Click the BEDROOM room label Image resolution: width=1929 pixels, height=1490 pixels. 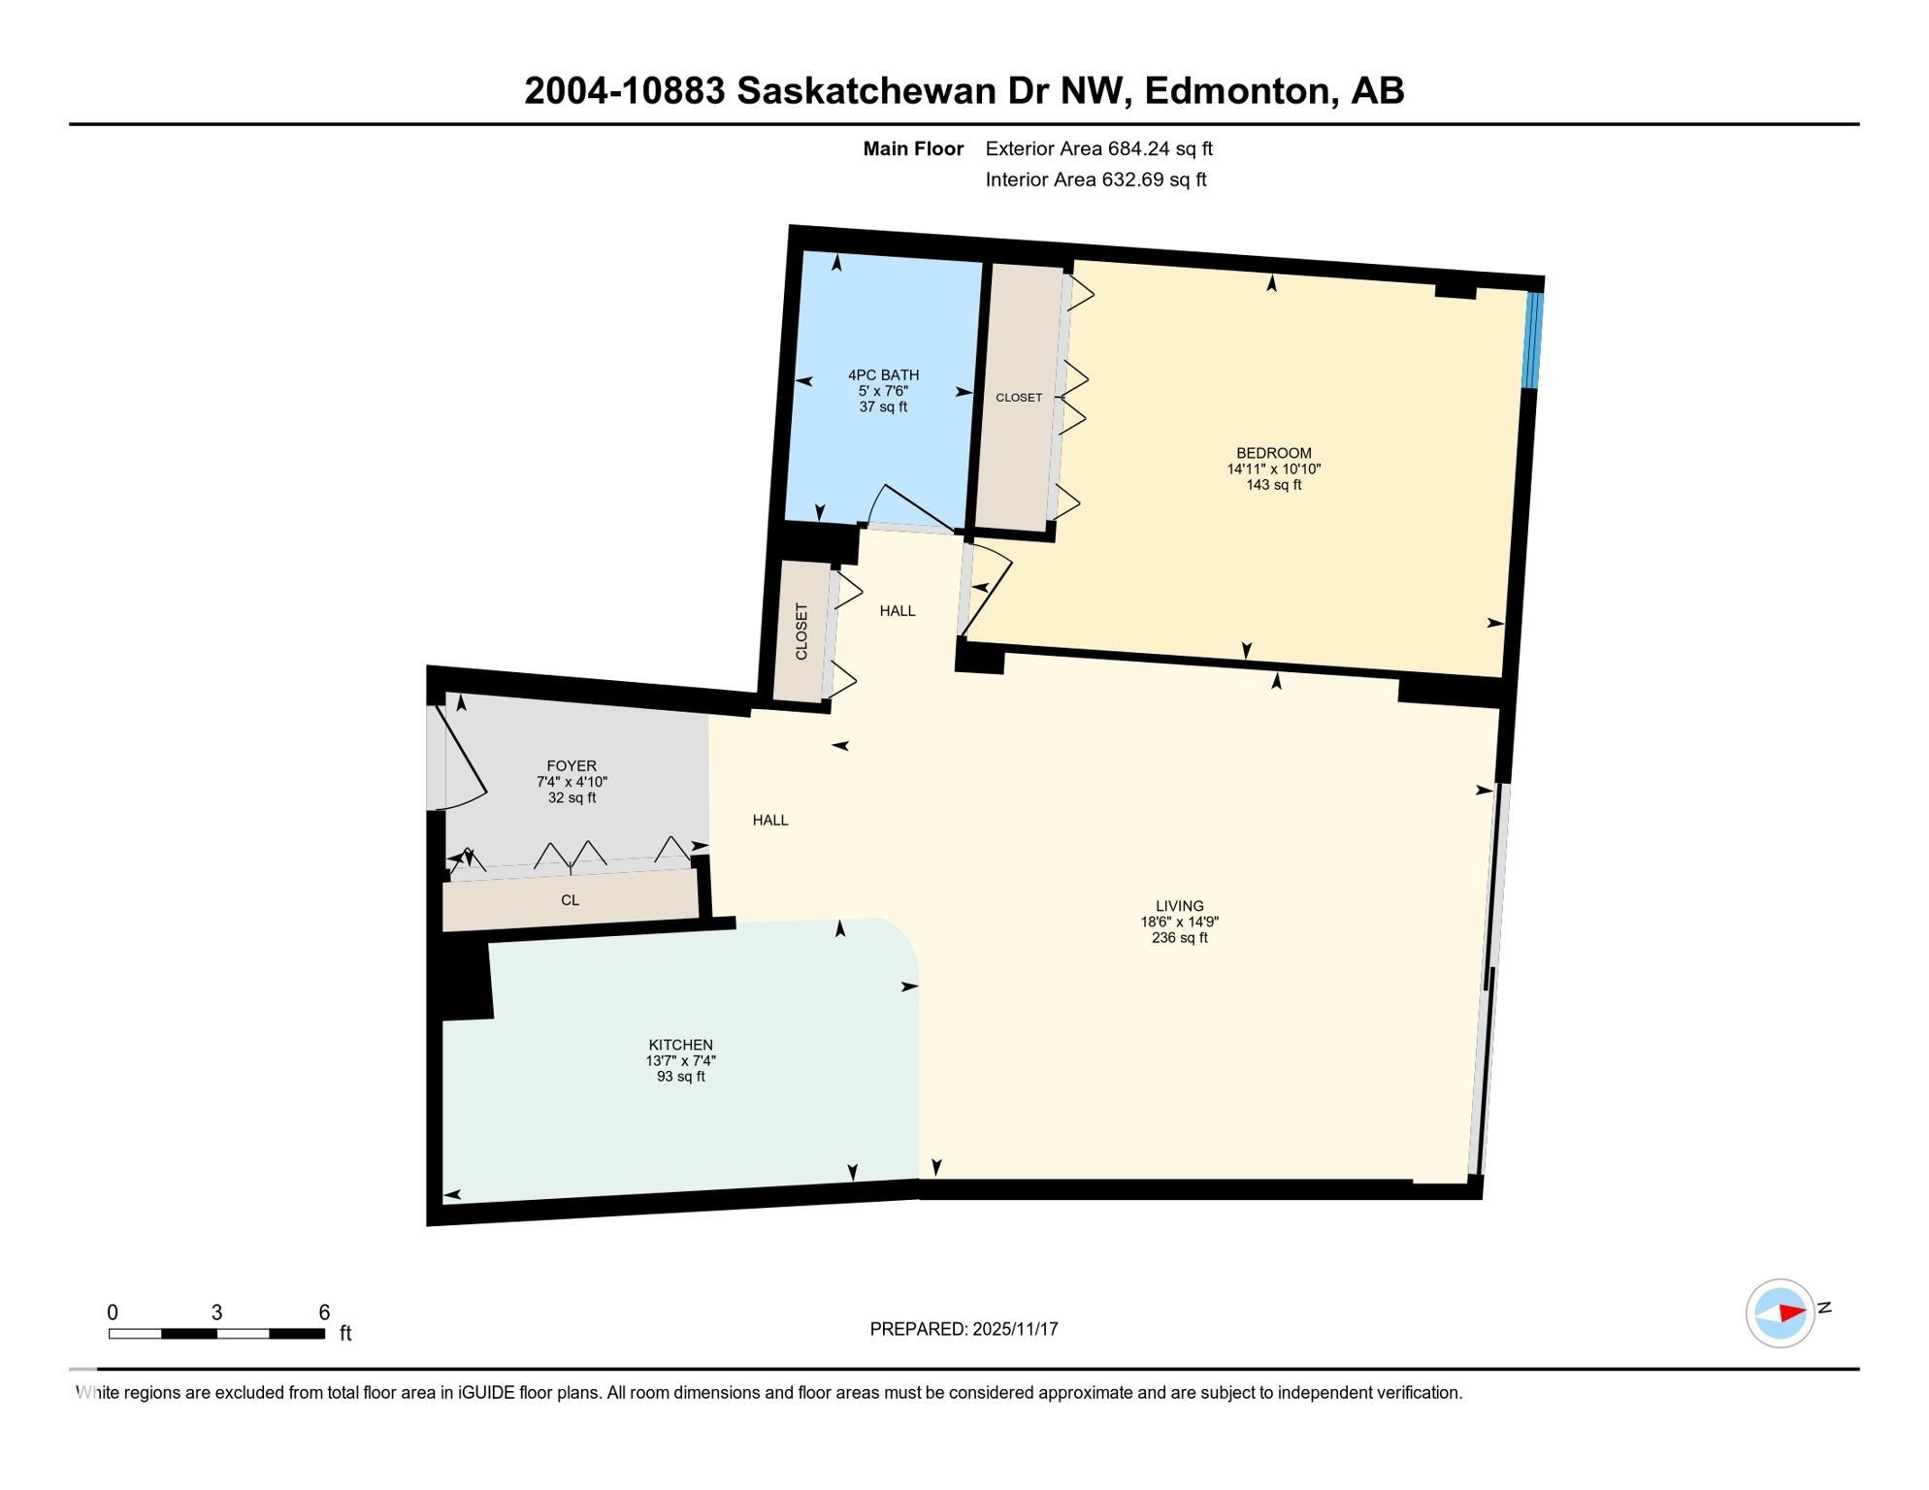click(1273, 453)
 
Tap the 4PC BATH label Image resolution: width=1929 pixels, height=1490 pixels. click(883, 375)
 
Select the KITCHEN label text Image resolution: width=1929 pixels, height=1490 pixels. click(680, 1045)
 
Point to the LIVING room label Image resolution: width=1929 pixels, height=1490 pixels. click(1179, 906)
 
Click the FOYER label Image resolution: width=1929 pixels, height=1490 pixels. click(572, 766)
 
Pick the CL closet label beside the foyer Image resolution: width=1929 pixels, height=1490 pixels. click(570, 900)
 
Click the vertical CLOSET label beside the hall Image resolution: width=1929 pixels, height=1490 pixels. click(801, 632)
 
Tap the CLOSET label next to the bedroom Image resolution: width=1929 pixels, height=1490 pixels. click(1019, 398)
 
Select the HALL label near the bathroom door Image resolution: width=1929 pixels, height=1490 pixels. click(898, 611)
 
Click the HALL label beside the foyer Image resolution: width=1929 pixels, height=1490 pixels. click(770, 821)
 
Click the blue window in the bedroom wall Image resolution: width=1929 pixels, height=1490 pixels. click(1532, 340)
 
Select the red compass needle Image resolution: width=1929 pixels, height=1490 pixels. click(1791, 1312)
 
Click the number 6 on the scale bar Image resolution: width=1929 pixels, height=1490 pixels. click(324, 1312)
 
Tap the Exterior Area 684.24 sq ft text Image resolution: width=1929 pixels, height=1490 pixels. click(1098, 148)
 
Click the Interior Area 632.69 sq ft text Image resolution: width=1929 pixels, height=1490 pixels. click(1095, 179)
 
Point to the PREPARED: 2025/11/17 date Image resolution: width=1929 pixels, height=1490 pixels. click(964, 1329)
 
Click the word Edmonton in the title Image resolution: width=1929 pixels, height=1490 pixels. click(1235, 91)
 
